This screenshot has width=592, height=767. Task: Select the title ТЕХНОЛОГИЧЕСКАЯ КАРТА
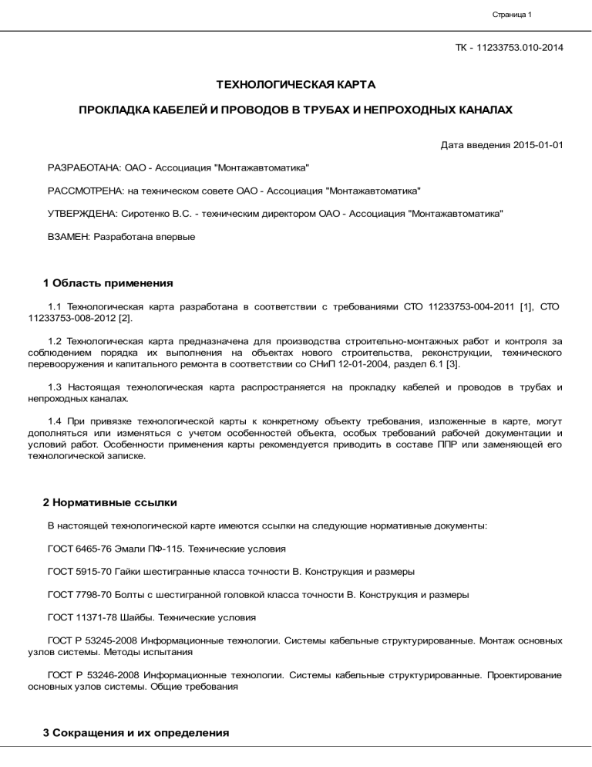coord(295,83)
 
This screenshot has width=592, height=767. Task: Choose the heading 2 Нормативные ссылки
coord(110,502)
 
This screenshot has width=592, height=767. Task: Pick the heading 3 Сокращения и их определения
coord(136,733)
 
